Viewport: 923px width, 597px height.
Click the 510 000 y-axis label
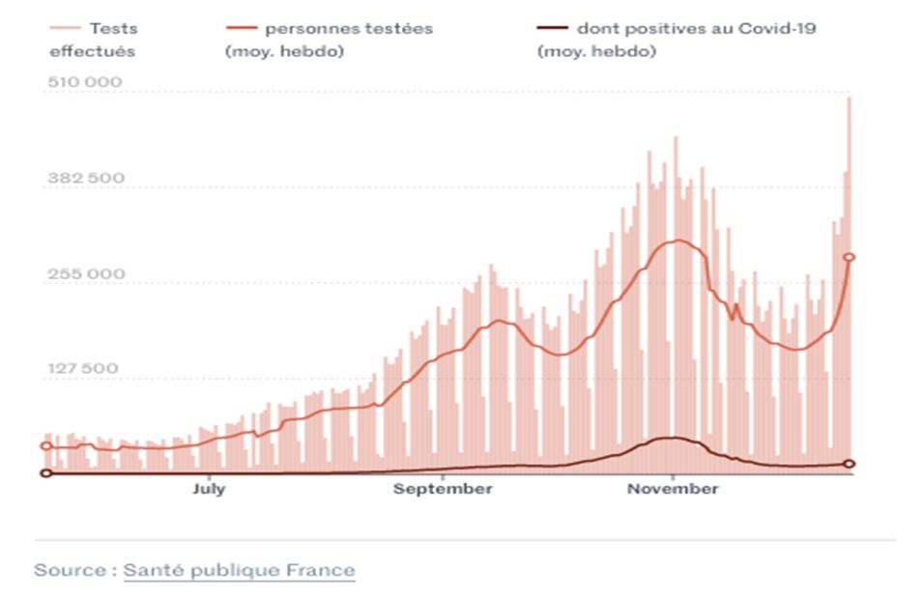(x=85, y=82)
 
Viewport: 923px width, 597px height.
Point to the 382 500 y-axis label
(x=85, y=178)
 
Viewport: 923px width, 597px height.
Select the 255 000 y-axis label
(x=85, y=273)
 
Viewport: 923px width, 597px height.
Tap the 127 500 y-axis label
(x=85, y=368)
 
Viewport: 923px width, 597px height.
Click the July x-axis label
(x=209, y=489)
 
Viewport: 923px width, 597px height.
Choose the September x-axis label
(x=442, y=489)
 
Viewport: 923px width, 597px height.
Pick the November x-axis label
(x=673, y=489)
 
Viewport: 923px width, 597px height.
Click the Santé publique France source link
(x=239, y=570)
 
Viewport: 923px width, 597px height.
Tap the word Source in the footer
(x=70, y=570)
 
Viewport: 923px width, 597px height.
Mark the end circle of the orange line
(x=850, y=257)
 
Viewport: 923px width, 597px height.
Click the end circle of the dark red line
(x=850, y=465)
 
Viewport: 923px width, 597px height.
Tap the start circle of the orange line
(x=45, y=446)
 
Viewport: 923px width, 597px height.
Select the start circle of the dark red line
(x=45, y=473)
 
